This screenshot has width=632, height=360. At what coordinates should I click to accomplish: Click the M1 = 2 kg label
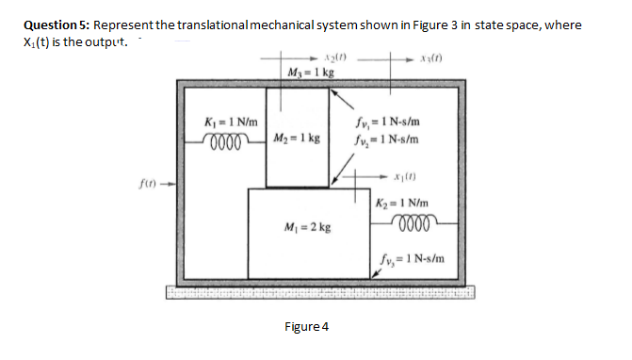[307, 227]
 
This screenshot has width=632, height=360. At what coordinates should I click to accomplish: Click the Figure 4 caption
[306, 327]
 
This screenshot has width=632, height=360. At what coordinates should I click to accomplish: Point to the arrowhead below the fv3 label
[376, 274]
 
